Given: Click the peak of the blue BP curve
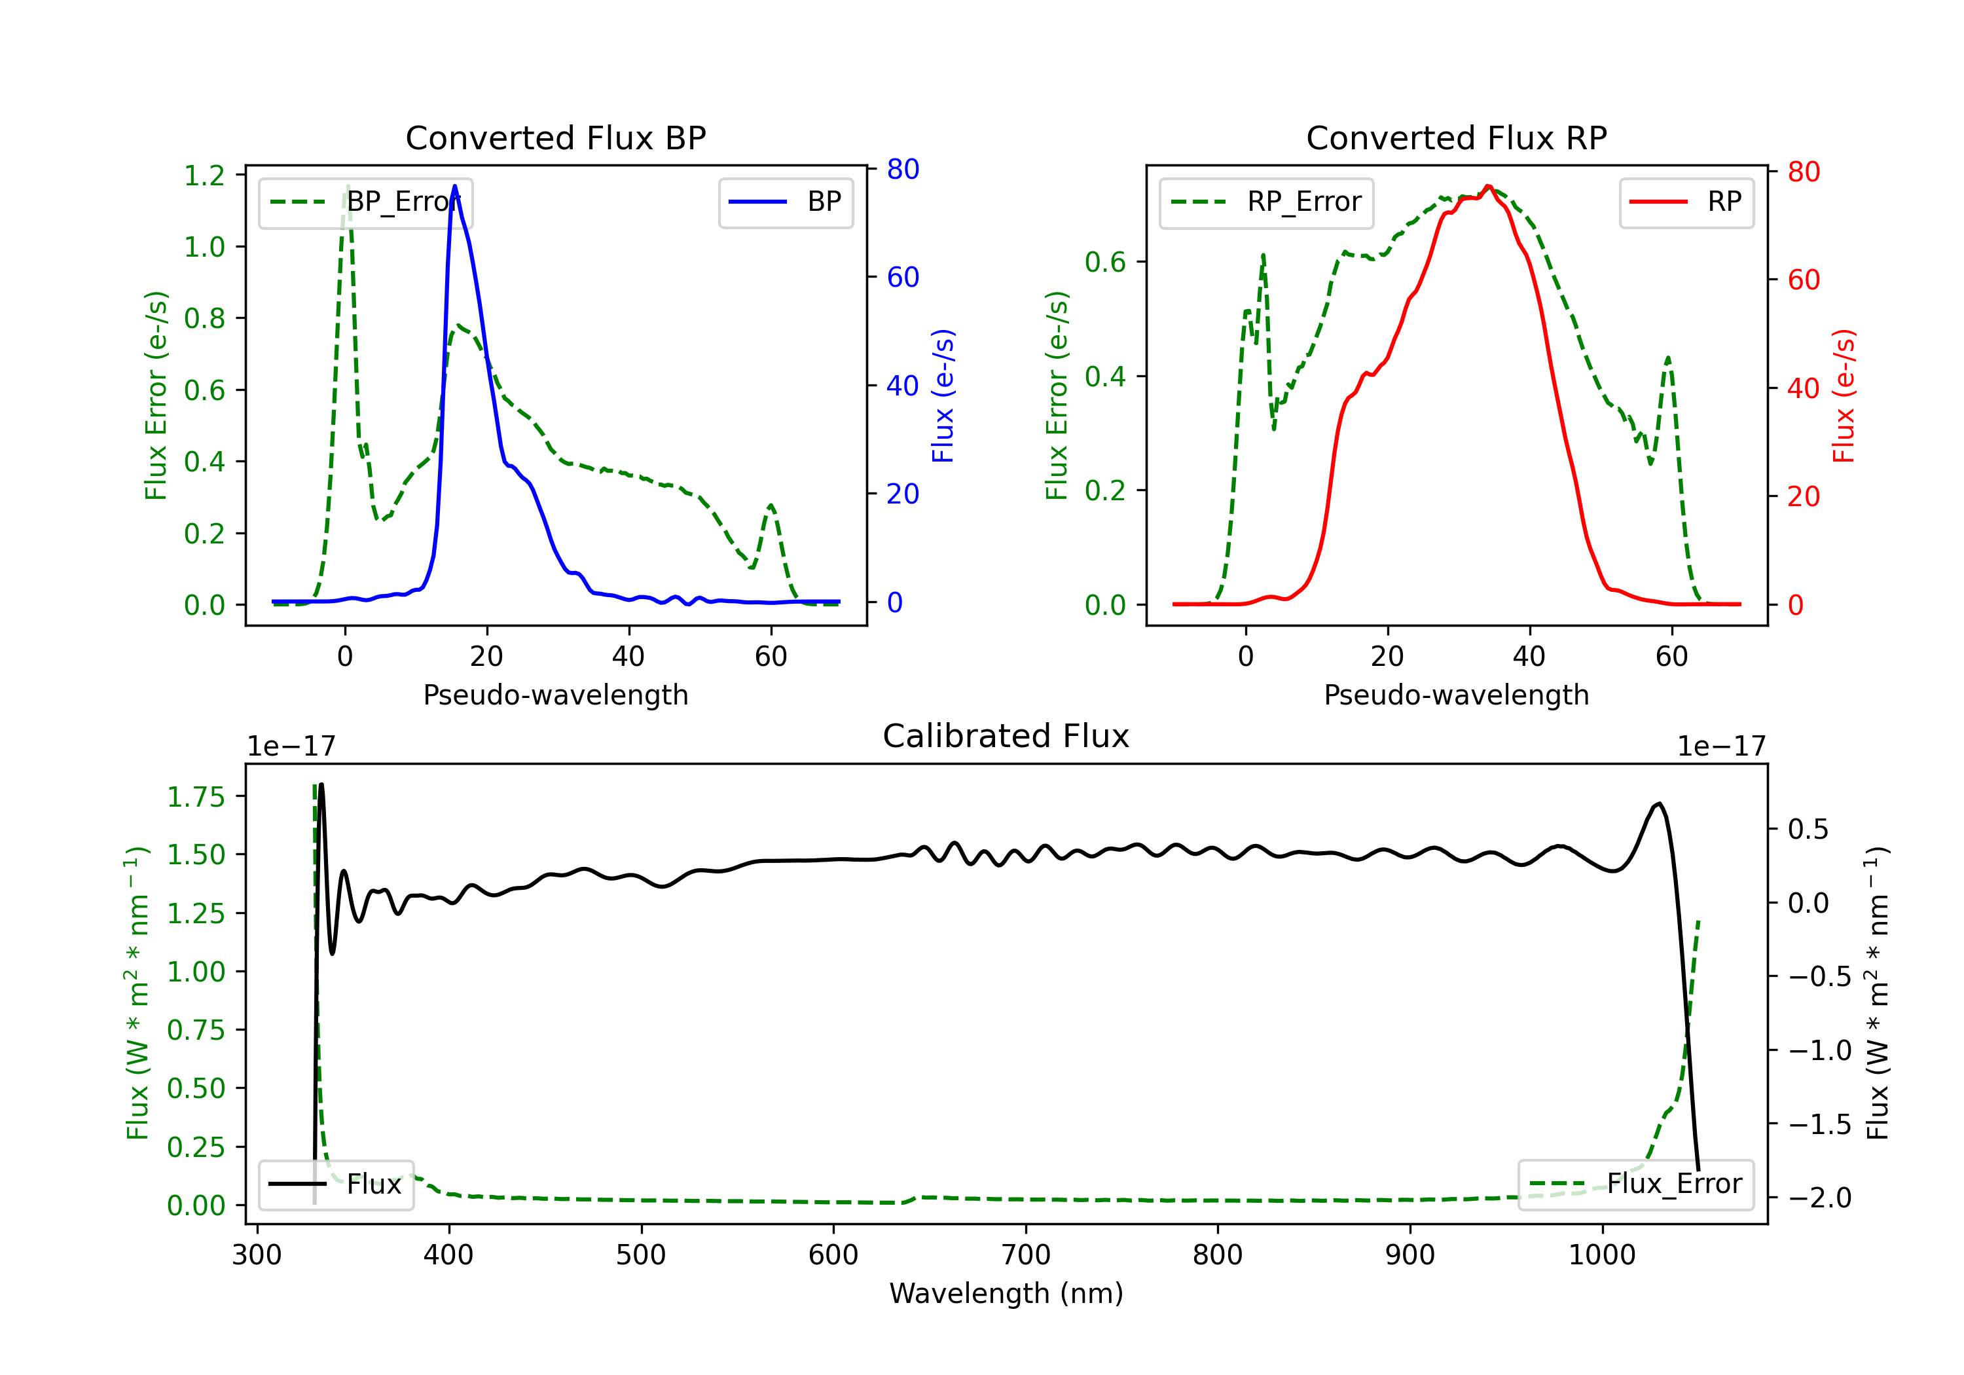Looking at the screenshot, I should tap(455, 186).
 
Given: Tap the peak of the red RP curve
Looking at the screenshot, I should tap(1489, 186).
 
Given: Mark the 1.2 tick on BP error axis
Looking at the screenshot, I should tap(204, 175).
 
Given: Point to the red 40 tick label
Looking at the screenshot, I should tap(1803, 388).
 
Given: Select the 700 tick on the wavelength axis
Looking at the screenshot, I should tap(1026, 1255).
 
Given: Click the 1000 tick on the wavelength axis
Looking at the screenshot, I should tap(1601, 1255).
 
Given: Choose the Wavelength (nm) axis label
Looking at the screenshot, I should tap(1006, 1293).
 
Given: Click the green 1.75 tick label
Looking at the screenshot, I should tap(195, 797).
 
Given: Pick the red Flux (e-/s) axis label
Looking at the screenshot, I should tap(1844, 395).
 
